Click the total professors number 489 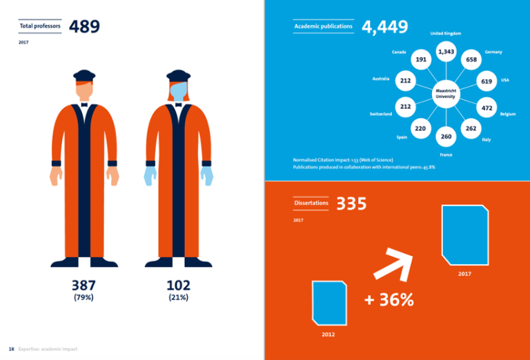(x=86, y=26)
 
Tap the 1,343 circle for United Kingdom (x=446, y=52)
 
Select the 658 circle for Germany (x=471, y=60)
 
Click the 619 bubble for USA (x=487, y=82)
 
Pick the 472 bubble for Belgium (x=487, y=108)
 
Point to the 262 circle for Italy (x=471, y=129)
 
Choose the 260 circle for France (x=446, y=137)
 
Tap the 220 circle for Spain (x=420, y=129)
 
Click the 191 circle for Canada (x=420, y=60)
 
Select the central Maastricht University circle (x=446, y=94)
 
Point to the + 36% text (x=389, y=300)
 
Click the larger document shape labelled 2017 (x=465, y=234)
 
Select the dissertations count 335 (x=351, y=203)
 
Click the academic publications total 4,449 (x=385, y=27)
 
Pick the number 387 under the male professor (x=84, y=285)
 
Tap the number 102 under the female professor (x=178, y=285)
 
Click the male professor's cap (x=84, y=74)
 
